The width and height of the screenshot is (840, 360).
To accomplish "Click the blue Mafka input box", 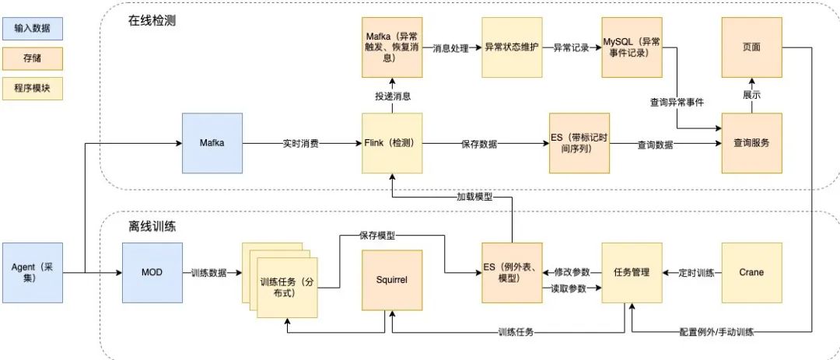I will (x=212, y=143).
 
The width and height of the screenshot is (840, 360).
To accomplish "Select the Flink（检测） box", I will (x=392, y=143).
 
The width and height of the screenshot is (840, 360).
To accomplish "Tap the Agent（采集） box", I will (x=33, y=272).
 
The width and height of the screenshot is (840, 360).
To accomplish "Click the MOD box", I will (x=152, y=272).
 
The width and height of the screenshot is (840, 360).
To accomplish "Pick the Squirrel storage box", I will (x=392, y=278).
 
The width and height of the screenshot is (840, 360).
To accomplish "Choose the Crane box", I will (x=751, y=272).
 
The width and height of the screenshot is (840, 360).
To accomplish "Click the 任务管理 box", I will (x=632, y=272).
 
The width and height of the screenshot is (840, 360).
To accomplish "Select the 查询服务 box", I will (x=751, y=143).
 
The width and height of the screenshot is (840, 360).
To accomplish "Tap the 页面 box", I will (x=751, y=47).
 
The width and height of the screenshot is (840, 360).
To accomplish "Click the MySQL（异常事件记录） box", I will (x=632, y=47).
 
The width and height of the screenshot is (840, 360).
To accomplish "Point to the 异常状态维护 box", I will (x=512, y=47).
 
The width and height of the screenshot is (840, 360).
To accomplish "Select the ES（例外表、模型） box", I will (x=512, y=272).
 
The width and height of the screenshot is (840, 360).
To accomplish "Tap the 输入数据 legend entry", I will (x=33, y=30).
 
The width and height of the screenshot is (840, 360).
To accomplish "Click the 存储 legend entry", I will (x=33, y=58).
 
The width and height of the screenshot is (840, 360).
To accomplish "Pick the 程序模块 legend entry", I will (x=33, y=87).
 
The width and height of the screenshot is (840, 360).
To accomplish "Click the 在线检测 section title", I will (x=152, y=20).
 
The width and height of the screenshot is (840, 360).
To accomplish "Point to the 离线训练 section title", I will (x=152, y=227).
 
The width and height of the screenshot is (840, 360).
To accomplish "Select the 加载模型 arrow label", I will (x=474, y=196).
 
